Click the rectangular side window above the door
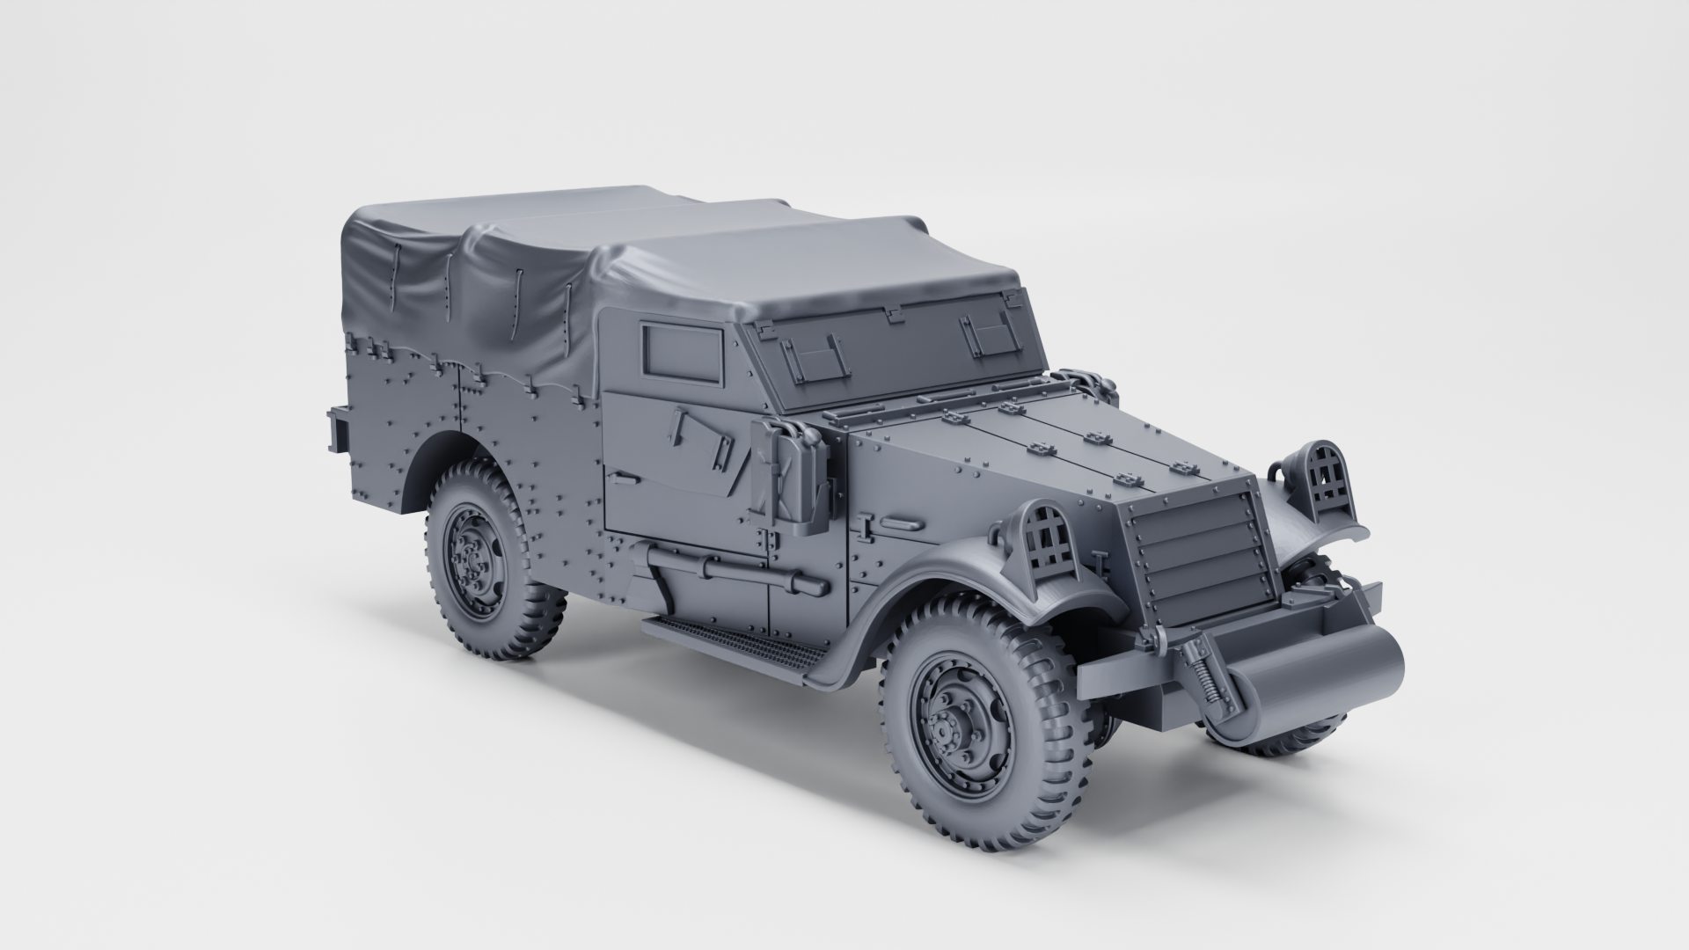click(x=684, y=354)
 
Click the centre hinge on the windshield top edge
click(x=894, y=312)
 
